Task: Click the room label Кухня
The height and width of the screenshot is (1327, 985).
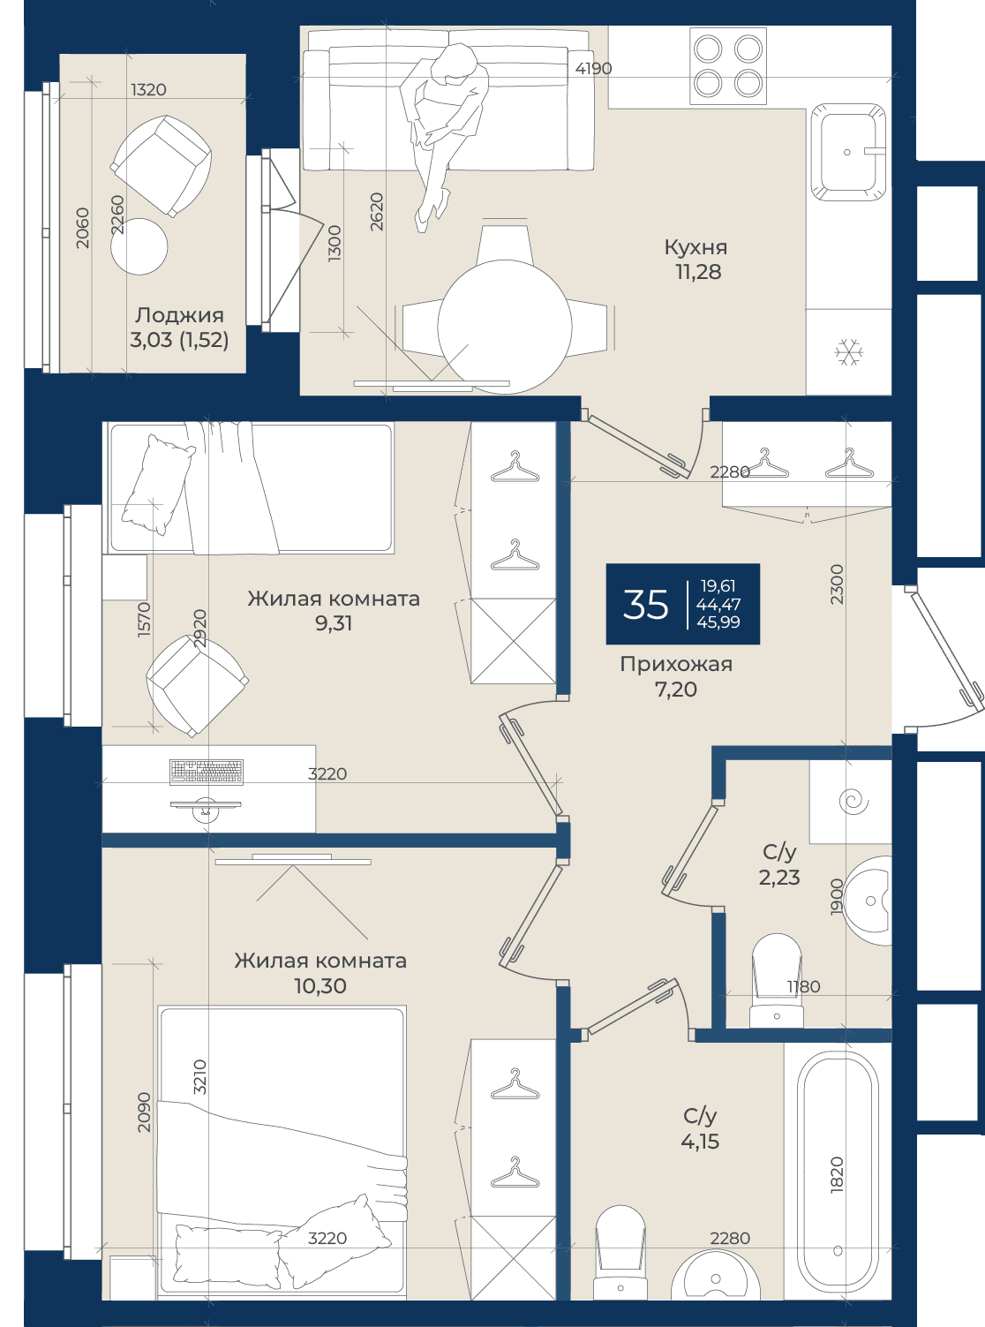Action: tap(696, 247)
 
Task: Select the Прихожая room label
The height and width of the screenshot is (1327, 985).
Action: tap(676, 664)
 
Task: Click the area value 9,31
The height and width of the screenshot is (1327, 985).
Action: tap(334, 623)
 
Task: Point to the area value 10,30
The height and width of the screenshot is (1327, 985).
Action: tap(320, 986)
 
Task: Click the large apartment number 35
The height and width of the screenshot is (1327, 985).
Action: tap(645, 604)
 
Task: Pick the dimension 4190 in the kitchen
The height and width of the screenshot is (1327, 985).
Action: tap(593, 69)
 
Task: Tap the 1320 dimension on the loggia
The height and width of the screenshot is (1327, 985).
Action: tap(148, 90)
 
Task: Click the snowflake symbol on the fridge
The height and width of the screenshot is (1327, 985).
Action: tap(849, 352)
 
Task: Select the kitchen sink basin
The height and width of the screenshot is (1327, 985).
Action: tap(848, 152)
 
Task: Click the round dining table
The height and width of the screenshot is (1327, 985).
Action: tap(505, 327)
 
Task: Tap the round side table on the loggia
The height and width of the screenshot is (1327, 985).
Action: tap(139, 246)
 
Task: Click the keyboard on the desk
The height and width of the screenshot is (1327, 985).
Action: tap(207, 772)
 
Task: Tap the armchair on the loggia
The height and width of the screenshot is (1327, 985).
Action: tap(161, 166)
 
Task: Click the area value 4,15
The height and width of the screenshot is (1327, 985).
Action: tap(700, 1142)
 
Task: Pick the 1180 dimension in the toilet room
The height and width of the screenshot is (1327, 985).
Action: tap(803, 986)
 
